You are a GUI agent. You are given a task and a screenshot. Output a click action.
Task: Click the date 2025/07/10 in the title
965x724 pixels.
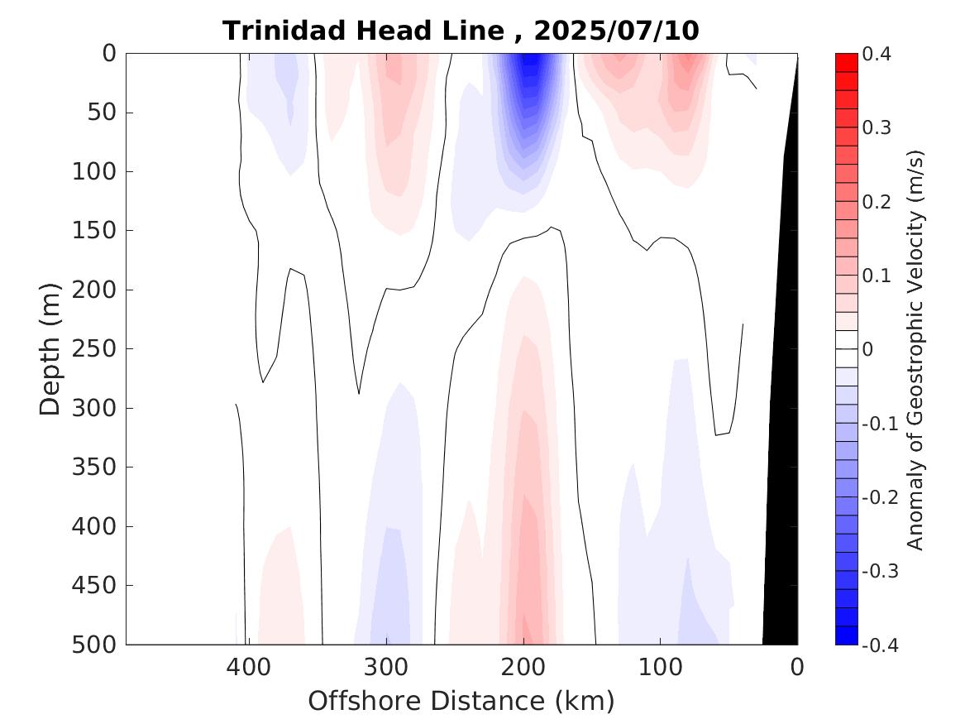click(617, 31)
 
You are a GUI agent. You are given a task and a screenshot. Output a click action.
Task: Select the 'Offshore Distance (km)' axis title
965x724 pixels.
click(461, 701)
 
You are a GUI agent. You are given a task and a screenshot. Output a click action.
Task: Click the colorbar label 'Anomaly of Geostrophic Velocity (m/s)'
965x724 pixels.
click(915, 349)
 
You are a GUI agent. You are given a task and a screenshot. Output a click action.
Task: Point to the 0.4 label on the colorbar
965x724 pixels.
click(876, 55)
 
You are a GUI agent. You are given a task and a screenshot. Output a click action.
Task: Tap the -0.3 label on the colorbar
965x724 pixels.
click(877, 571)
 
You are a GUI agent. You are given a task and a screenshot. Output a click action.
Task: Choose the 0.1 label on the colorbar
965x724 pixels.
click(876, 276)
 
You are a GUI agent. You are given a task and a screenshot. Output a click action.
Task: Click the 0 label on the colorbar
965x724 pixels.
click(867, 349)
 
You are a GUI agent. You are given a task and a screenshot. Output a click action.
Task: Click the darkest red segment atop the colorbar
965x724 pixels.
click(847, 62)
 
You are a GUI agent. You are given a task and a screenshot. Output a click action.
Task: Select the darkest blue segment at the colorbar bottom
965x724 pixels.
click(847, 635)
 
